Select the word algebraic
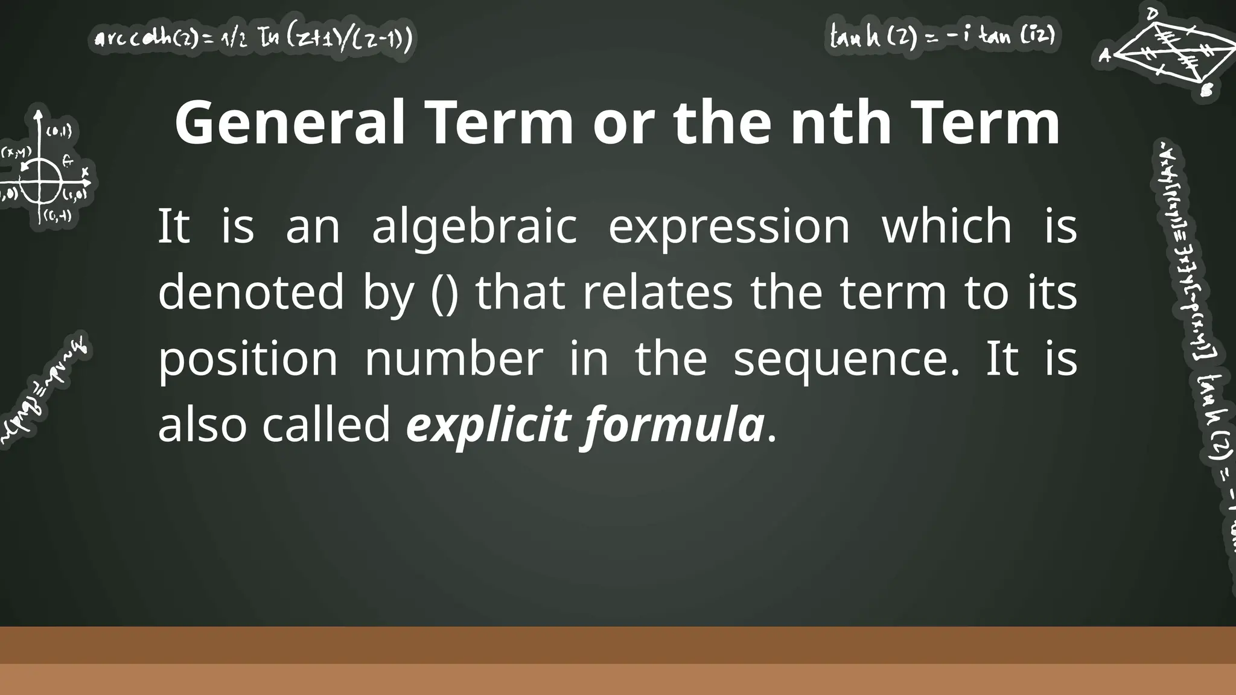tap(474, 227)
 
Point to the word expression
tap(729, 227)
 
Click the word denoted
tap(250, 293)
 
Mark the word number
tap(454, 359)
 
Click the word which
tap(947, 226)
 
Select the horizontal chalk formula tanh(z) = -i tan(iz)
tap(942, 37)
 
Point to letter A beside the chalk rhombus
tap(1104, 56)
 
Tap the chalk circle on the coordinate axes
tap(41, 178)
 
